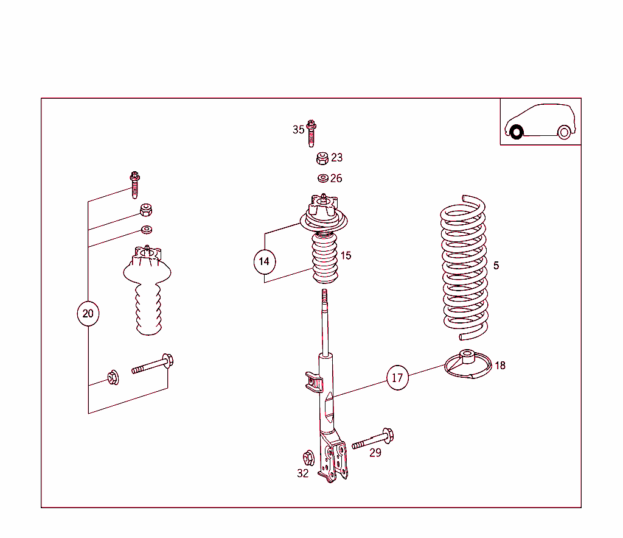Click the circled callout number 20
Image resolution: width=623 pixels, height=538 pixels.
(88, 314)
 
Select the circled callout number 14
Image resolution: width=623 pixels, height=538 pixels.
(264, 261)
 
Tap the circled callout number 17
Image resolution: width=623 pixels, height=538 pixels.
(397, 378)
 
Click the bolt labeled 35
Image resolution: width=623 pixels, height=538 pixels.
(311, 133)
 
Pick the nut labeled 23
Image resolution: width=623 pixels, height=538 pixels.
(323, 158)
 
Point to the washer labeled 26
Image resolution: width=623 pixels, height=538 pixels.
(323, 178)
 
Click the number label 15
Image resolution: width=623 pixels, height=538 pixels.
(346, 256)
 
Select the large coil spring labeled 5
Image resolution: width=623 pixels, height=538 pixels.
(464, 268)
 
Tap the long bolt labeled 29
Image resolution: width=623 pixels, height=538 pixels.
(373, 440)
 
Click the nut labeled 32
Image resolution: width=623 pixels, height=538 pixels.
(308, 457)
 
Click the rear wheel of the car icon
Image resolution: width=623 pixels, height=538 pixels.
(564, 132)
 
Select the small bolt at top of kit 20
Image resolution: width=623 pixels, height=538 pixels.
(134, 184)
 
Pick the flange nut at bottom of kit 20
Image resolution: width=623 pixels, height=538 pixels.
(113, 378)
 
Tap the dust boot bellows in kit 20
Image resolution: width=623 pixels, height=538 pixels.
(148, 305)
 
